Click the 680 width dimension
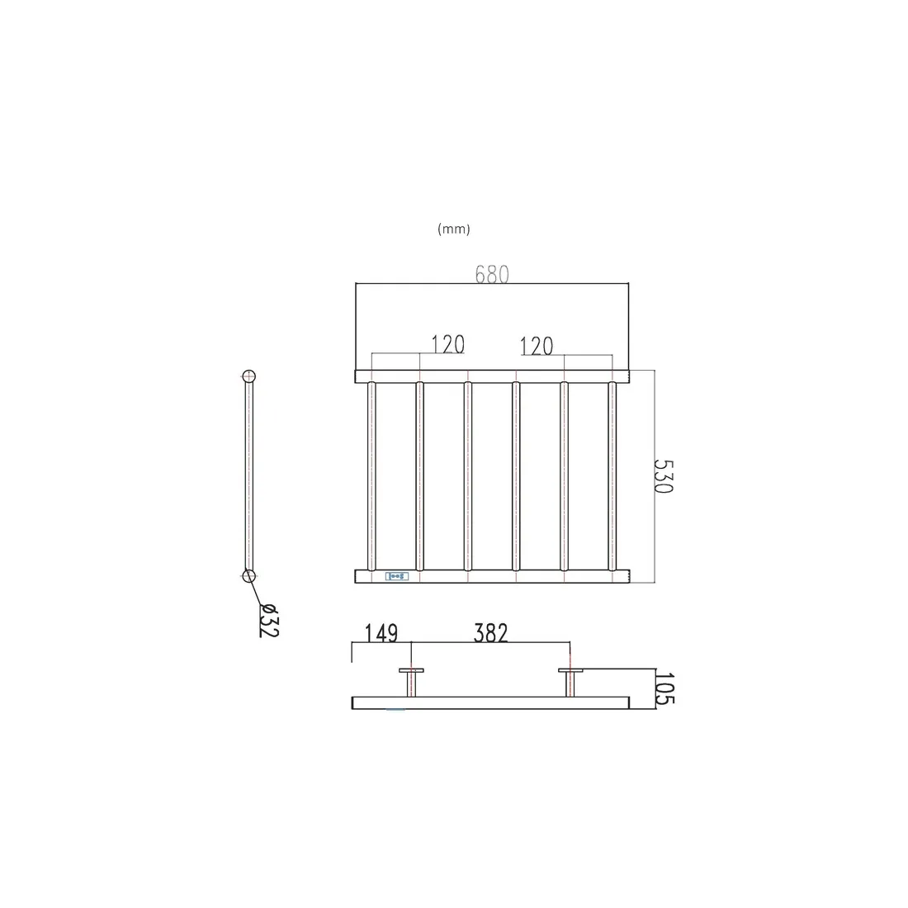(x=492, y=274)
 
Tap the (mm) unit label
(x=453, y=229)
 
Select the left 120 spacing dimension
(x=448, y=344)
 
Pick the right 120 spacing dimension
(x=537, y=346)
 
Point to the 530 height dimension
(x=664, y=476)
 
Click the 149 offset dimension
(x=381, y=633)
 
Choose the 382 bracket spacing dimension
(x=490, y=633)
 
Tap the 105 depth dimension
(x=664, y=688)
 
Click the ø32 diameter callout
(x=269, y=620)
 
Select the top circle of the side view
(x=248, y=376)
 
